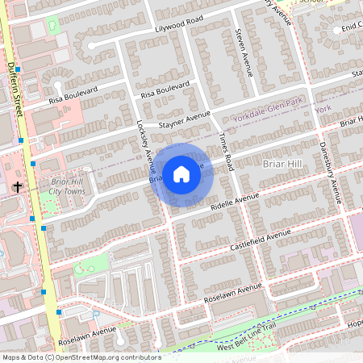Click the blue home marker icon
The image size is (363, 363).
click(181, 173)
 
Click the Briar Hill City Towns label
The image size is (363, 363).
click(66, 187)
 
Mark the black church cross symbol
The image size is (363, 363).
click(17, 187)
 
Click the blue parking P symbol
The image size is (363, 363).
click(95, 314)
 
